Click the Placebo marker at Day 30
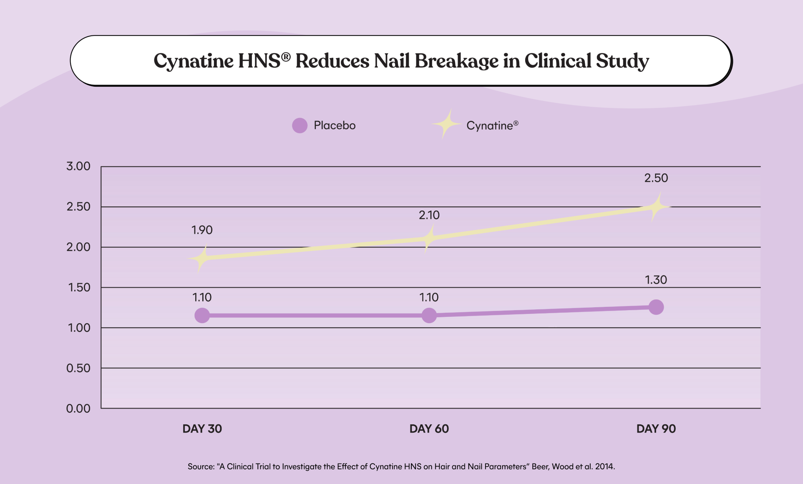click(x=202, y=315)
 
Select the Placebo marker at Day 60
click(x=429, y=315)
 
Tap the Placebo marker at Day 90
click(x=656, y=307)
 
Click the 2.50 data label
click(x=656, y=178)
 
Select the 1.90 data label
click(x=202, y=230)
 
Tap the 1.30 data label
click(x=656, y=280)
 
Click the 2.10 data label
click(x=429, y=215)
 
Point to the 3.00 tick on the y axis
click(x=78, y=166)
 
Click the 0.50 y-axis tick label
click(x=78, y=368)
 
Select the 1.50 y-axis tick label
click(x=79, y=287)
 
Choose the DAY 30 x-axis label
click(x=202, y=429)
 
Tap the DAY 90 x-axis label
click(x=656, y=429)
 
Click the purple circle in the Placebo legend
click(x=300, y=125)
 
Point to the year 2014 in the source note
click(x=604, y=466)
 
